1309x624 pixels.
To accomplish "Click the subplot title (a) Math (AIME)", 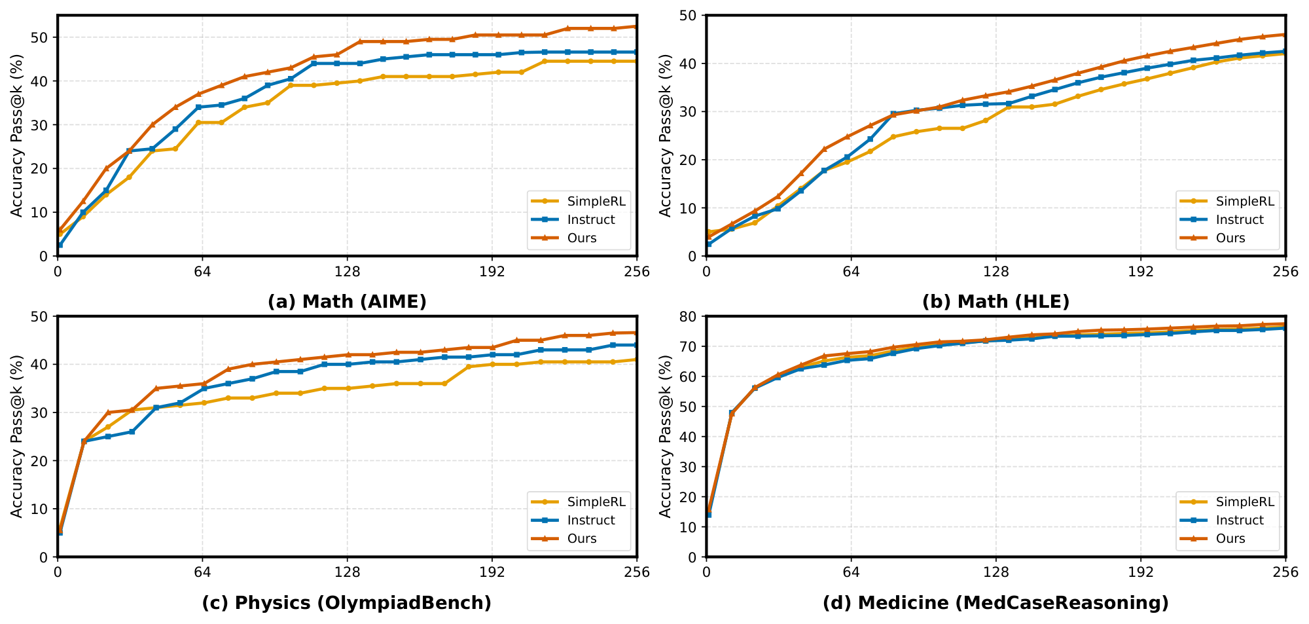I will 347,302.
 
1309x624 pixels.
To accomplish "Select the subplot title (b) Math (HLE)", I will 995,302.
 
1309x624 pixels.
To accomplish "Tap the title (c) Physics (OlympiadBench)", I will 347,602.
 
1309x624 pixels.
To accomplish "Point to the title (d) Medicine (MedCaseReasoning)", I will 995,602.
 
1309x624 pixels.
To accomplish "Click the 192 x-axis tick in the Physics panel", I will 492,572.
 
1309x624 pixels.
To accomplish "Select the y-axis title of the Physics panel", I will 17,436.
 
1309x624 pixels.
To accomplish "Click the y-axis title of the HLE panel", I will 666,136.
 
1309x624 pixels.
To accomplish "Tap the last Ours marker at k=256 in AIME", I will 636,27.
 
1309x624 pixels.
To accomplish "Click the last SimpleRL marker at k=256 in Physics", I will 636,359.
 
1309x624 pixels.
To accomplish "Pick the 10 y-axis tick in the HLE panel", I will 692,208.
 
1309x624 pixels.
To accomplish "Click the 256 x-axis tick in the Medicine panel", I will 1285,572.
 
